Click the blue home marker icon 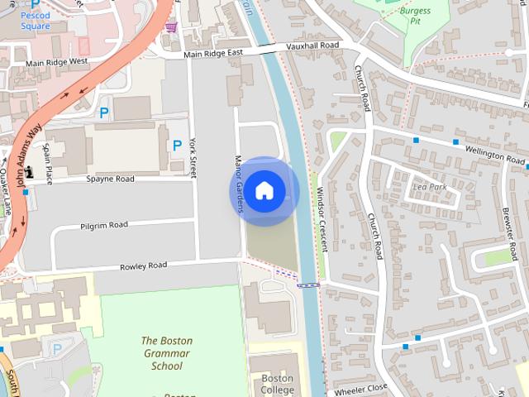click(x=264, y=190)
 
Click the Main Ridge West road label click(x=57, y=62)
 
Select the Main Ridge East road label click(x=214, y=55)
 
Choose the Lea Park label click(x=429, y=187)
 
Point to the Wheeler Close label click(x=357, y=389)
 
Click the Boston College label click(x=277, y=384)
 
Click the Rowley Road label click(x=144, y=265)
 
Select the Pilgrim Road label click(x=104, y=225)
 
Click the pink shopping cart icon click(x=171, y=27)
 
